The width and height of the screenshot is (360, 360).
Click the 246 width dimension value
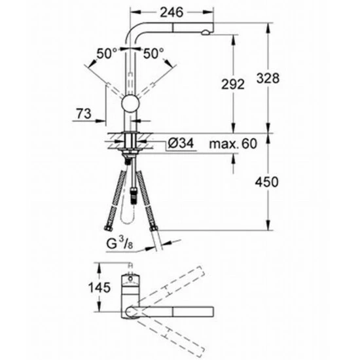(171, 12)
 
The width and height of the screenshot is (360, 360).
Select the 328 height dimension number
(268, 78)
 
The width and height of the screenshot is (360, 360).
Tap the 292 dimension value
(233, 84)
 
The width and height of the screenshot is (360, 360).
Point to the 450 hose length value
(267, 182)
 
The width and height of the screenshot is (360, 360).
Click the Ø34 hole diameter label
(181, 143)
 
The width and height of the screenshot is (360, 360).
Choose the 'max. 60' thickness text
(233, 144)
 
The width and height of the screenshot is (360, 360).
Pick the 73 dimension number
(84, 114)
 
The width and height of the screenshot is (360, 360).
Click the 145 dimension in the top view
(99, 288)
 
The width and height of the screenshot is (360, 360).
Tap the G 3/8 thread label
(120, 244)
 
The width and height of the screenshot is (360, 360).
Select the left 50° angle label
(107, 54)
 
